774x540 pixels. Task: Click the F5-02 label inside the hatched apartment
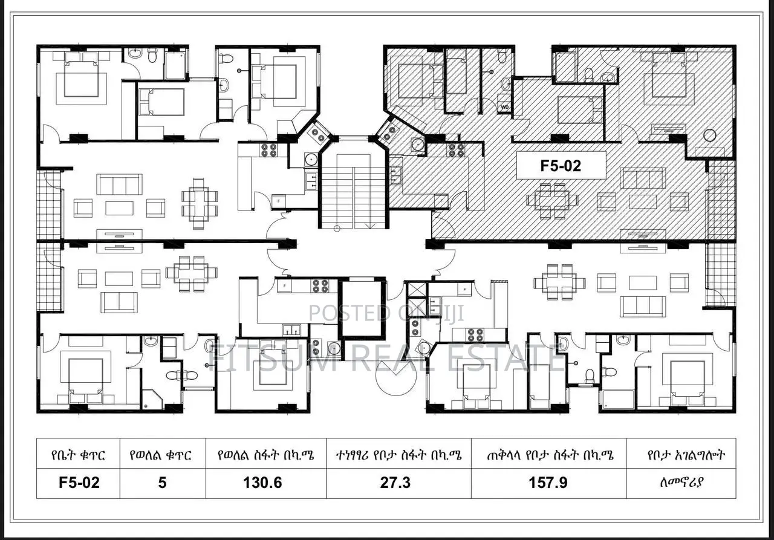561,165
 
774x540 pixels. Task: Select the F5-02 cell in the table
79,482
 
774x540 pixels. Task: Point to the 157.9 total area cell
548,482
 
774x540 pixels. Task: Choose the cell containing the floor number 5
162,482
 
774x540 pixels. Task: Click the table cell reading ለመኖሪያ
681,482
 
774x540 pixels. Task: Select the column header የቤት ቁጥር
79,455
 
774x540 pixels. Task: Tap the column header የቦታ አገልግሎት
681,455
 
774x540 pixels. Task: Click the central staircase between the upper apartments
353,190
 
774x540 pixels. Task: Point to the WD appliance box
504,107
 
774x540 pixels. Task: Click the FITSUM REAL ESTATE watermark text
387,358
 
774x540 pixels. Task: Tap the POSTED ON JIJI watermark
387,313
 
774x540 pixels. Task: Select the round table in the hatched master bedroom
710,135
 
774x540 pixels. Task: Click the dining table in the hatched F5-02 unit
552,200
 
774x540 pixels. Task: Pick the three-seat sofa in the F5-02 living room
643,178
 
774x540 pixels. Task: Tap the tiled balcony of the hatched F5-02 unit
721,200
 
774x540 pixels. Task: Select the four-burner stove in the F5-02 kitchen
456,149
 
